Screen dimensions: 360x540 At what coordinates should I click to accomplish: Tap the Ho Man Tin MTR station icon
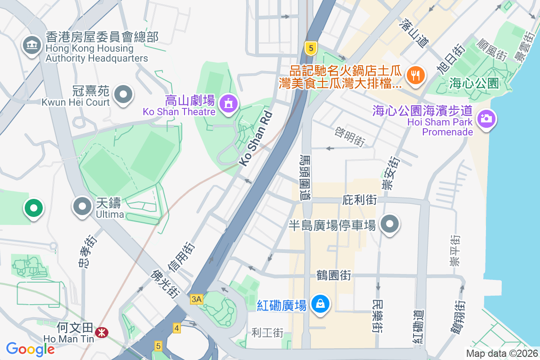coord(102,333)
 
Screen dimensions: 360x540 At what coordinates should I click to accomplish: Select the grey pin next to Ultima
coord(82,207)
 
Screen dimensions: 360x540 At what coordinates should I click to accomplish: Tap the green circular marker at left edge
coord(34,208)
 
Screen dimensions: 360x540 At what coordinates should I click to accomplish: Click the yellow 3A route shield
coord(196,299)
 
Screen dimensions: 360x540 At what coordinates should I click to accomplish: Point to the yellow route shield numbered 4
coord(176,328)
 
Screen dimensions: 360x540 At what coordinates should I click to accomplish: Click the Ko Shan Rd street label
coord(256,139)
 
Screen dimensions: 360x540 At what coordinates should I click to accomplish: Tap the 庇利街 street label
coord(359,199)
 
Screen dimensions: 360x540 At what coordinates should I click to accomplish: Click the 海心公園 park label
coord(474,83)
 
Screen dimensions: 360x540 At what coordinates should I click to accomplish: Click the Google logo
coord(30,349)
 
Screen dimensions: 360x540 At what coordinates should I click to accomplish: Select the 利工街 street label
coord(267,333)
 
